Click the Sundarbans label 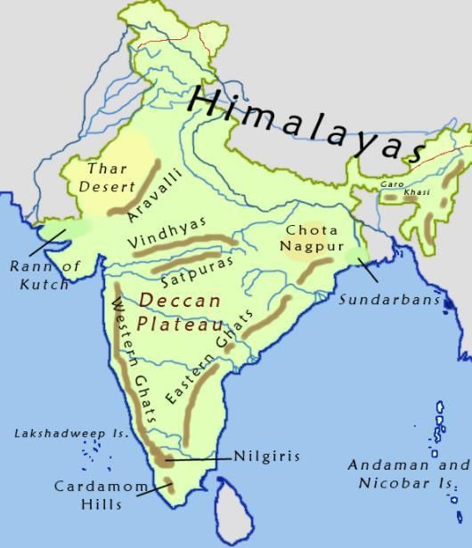[389, 300]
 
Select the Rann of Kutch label [45, 274]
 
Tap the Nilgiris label [266, 456]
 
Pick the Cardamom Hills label [87, 495]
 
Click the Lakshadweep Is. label [71, 433]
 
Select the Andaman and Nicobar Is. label [407, 474]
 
